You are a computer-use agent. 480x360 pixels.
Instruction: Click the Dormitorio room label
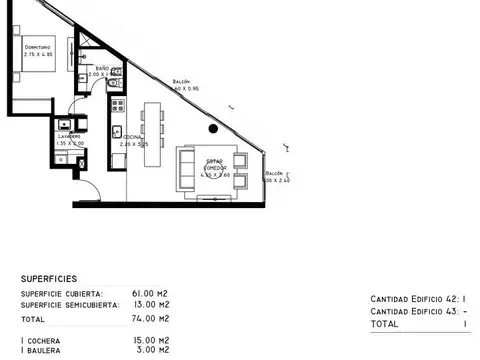[37, 46]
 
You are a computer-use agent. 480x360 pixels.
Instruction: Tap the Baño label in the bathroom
[102, 69]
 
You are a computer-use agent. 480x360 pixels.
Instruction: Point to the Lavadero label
[68, 136]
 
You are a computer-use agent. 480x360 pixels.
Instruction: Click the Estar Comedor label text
[216, 164]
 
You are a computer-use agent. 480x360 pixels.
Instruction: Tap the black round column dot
[212, 128]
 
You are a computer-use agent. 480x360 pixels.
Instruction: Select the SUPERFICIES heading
[53, 279]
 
